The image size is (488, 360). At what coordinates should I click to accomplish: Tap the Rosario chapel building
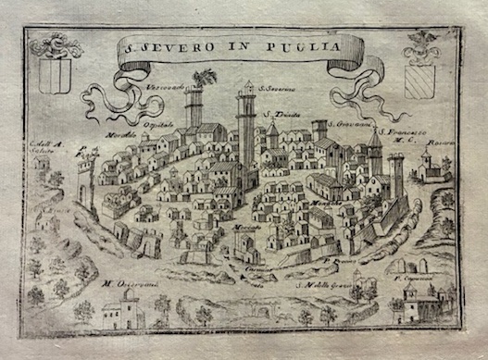point(432,165)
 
